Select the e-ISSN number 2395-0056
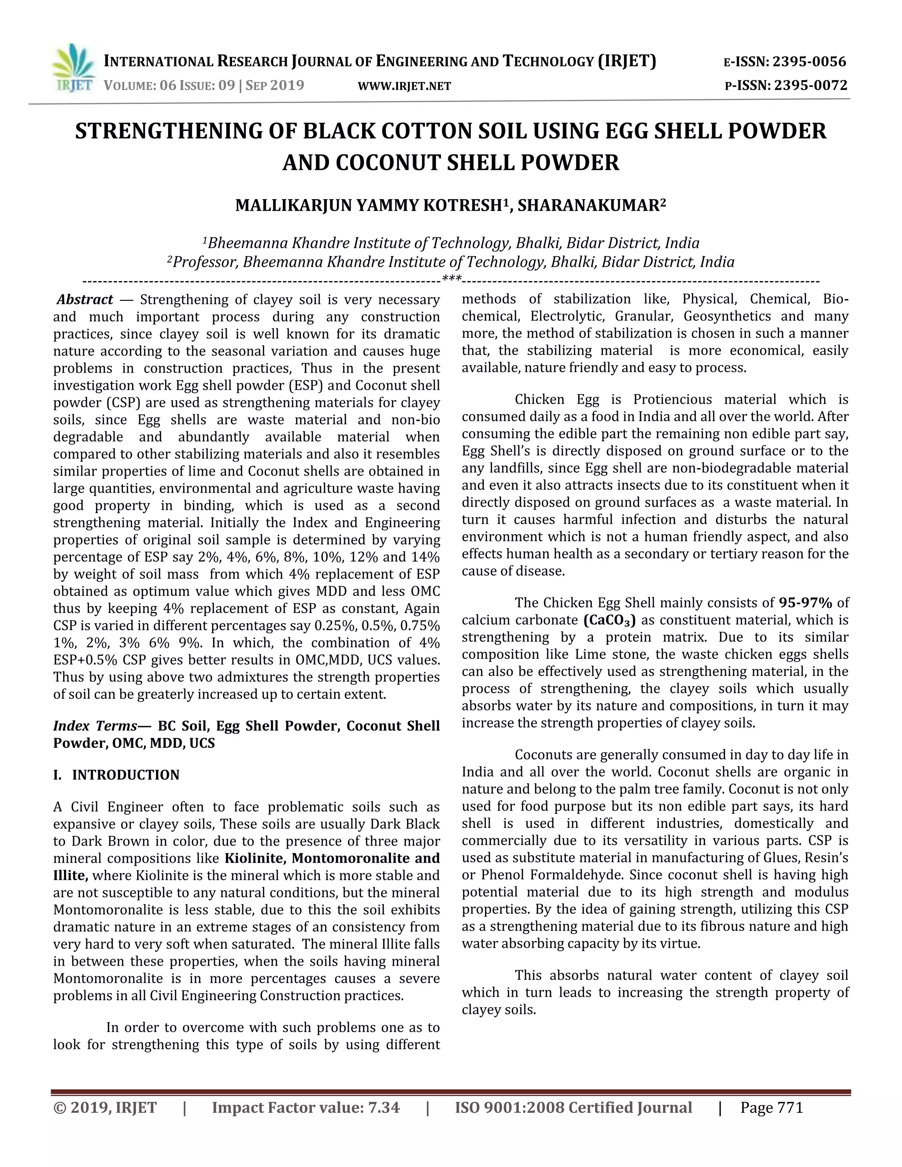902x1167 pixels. [810, 62]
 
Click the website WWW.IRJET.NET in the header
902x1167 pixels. [404, 86]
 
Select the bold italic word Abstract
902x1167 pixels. [85, 299]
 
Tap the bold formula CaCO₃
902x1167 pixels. [609, 620]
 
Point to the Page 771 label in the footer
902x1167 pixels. [772, 1108]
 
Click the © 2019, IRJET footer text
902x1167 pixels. [105, 1108]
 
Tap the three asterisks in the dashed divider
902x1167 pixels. [451, 279]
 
